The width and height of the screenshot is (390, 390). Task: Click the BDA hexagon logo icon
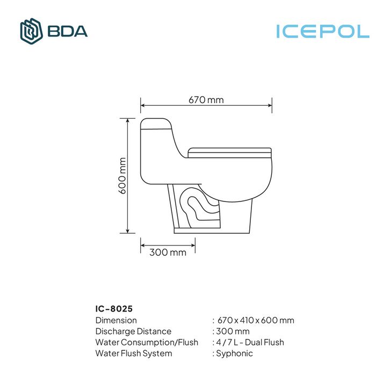31,31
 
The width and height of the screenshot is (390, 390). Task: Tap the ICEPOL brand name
323,31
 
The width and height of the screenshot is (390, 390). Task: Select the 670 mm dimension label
206,100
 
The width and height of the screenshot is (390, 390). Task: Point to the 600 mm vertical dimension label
122,176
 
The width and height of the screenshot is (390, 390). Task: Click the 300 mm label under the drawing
168,252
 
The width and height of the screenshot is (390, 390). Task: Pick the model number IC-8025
114,309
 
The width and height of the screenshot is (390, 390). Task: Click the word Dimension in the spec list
116,320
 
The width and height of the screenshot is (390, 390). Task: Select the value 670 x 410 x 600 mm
256,320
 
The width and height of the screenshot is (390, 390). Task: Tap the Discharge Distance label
133,331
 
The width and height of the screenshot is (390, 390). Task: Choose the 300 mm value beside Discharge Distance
233,331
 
